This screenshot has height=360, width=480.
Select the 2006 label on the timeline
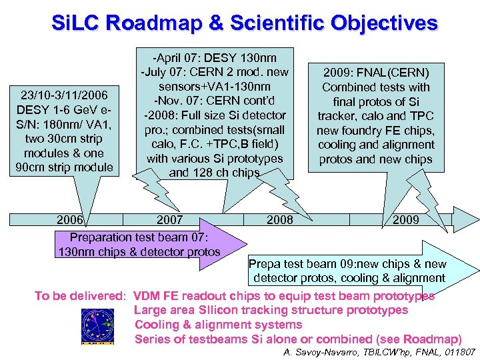pyautogui.click(x=71, y=219)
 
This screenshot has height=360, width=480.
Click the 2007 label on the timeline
pyautogui.click(x=169, y=219)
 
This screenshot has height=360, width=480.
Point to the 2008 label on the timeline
pyautogui.click(x=280, y=219)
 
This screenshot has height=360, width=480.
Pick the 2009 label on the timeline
pyautogui.click(x=406, y=219)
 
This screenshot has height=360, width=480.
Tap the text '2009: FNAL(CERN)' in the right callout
pyautogui.click(x=376, y=72)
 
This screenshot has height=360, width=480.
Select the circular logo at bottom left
pyautogui.click(x=97, y=325)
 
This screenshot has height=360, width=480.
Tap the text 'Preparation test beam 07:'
pyautogui.click(x=139, y=237)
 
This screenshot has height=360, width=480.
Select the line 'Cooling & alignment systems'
pyautogui.click(x=218, y=325)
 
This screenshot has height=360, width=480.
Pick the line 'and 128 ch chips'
pyautogui.click(x=215, y=173)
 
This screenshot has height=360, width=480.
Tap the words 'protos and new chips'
pyautogui.click(x=376, y=159)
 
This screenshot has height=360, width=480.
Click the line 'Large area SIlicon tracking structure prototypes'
pyautogui.click(x=271, y=310)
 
